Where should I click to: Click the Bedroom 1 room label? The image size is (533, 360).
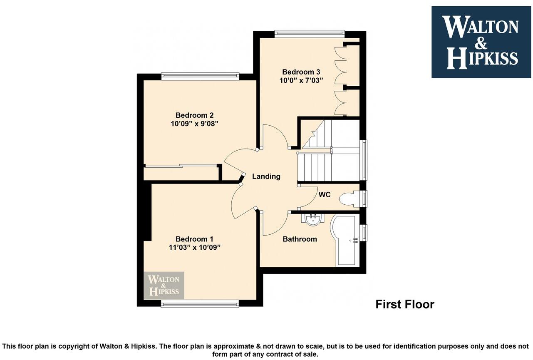[x=194, y=239]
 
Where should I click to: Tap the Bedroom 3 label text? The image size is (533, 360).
[x=301, y=72]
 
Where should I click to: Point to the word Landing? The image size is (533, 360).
[x=266, y=176]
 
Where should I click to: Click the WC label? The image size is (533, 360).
[x=325, y=194]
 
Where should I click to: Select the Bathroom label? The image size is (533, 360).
[x=300, y=239]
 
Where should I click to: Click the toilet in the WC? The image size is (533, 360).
[x=349, y=199]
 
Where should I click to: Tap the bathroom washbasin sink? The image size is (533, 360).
[x=313, y=219]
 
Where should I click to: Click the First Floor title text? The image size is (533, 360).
[x=404, y=304]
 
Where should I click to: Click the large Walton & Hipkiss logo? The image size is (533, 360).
[x=481, y=42]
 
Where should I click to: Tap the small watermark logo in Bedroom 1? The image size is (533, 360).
[x=164, y=286]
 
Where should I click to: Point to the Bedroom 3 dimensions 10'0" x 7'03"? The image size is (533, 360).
[x=301, y=80]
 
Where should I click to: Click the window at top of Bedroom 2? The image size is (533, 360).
[x=200, y=76]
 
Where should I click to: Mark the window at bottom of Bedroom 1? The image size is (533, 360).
[x=200, y=304]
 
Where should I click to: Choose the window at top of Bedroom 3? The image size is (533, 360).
[x=310, y=34]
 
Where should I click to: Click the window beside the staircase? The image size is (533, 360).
[x=364, y=160]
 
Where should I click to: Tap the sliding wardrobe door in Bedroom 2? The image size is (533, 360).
[x=181, y=166]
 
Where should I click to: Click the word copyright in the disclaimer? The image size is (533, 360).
[x=73, y=346]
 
